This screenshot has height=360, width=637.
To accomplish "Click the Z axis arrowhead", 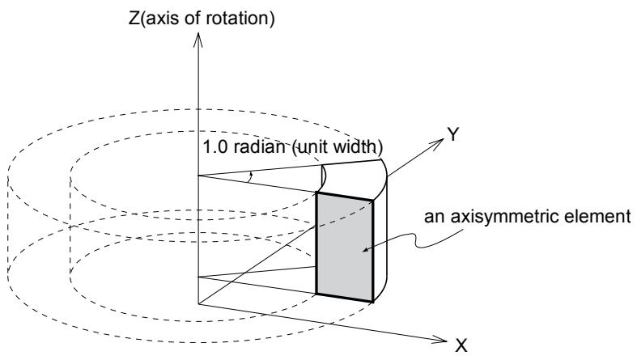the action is (x=197, y=40).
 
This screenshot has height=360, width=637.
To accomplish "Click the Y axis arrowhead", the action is (x=438, y=143).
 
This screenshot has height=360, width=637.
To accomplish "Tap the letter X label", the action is (x=461, y=346).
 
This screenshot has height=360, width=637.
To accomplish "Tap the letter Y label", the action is (x=453, y=134).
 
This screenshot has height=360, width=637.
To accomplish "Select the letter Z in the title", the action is (x=134, y=19).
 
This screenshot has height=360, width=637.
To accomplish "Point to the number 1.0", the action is (x=215, y=146).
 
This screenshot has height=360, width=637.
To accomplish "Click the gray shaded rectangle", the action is (x=345, y=248).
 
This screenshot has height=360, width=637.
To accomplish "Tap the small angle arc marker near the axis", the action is (x=251, y=177).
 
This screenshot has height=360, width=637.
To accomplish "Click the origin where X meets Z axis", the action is (x=198, y=303).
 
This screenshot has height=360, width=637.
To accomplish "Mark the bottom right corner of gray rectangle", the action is (x=372, y=302).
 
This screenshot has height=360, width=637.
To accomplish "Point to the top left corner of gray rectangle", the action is (x=316, y=193).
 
